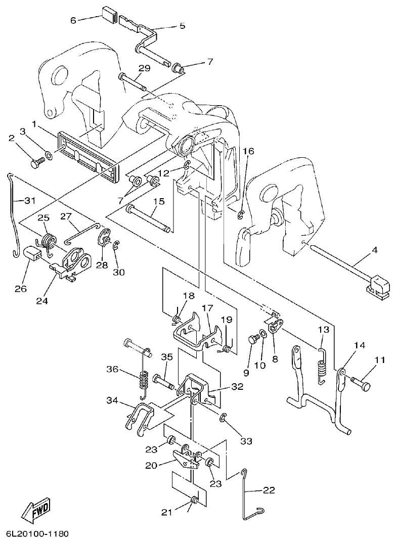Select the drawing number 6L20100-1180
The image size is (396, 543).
pos(38,534)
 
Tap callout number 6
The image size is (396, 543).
pos(73,20)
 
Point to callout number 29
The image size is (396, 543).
pos(144,68)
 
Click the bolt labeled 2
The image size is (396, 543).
pos(38,163)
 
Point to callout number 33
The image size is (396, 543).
pos(246,441)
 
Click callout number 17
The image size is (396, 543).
pos(207,322)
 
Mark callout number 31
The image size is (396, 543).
pos(30,200)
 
